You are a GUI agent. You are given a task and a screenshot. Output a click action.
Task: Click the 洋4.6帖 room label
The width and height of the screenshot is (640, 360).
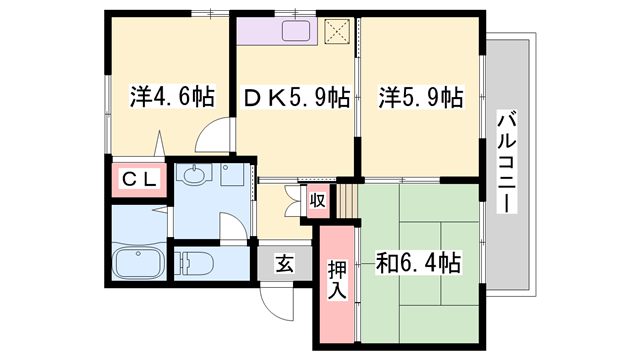click(171, 97)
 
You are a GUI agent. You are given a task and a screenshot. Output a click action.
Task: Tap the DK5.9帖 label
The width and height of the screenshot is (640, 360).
click(296, 97)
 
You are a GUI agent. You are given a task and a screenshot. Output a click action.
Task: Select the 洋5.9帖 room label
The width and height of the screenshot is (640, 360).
click(420, 97)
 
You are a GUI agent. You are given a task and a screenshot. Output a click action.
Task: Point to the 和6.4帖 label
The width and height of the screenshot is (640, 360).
click(418, 264)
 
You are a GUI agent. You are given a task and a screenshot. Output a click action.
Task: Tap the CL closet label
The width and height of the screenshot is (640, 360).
click(137, 180)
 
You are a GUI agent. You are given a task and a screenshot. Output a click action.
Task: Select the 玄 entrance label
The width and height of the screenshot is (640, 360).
click(284, 265)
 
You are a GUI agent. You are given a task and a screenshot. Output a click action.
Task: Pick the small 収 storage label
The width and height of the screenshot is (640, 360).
click(317, 200)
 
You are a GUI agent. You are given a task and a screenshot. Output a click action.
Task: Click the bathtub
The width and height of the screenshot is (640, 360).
click(139, 265)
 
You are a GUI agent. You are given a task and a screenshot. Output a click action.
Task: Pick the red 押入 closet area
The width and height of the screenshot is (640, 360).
click(337, 300)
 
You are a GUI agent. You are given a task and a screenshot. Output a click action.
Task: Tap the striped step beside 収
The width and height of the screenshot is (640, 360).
click(346, 198)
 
